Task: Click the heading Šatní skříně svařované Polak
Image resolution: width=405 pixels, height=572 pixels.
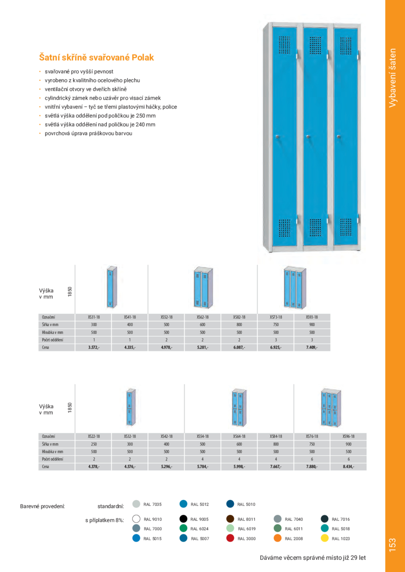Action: (96, 57)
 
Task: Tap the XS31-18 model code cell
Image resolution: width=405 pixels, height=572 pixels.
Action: (94, 317)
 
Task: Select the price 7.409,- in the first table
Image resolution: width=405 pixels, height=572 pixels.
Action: (312, 348)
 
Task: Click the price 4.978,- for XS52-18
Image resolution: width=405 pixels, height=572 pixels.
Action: (166, 348)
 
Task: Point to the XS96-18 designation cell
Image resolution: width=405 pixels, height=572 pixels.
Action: (348, 436)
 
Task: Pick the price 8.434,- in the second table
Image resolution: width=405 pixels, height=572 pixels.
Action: (348, 467)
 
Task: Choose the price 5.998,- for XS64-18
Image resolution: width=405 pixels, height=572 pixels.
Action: (239, 467)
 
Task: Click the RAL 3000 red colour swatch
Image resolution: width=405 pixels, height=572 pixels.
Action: (230, 538)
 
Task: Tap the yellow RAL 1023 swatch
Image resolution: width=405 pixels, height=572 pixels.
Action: (324, 538)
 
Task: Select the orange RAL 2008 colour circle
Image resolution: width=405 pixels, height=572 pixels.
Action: (277, 538)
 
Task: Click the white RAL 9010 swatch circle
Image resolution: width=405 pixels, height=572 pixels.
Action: (137, 519)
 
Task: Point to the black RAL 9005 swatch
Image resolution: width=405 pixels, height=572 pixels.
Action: (184, 519)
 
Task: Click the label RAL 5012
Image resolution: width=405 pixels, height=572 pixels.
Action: (199, 504)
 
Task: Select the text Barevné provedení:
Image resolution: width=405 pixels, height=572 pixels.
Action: (42, 507)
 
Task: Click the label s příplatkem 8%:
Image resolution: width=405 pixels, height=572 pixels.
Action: (105, 521)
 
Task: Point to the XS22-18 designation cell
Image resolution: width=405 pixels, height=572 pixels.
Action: (94, 436)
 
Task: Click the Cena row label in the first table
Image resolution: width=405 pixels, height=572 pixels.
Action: (45, 348)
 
